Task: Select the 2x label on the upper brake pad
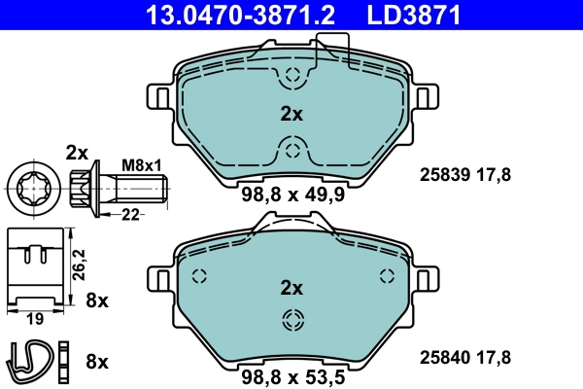tap(291, 114)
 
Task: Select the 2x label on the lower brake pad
tap(291, 288)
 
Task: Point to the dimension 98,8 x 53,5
tap(291, 374)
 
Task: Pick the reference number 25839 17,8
tap(464, 175)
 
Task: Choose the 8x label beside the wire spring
tap(96, 362)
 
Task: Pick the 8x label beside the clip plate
tap(96, 301)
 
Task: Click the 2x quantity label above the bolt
tap(77, 151)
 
